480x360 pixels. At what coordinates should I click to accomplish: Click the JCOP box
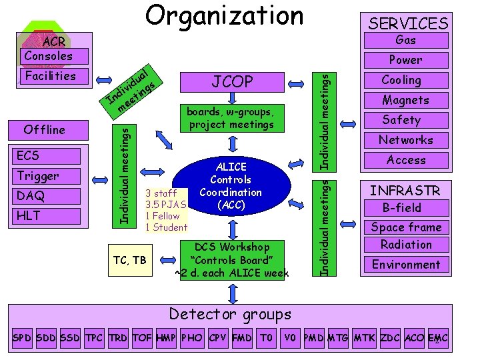tap(232, 82)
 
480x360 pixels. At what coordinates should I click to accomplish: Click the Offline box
tap(45, 129)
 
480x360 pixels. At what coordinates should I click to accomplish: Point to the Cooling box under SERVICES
tap(401, 80)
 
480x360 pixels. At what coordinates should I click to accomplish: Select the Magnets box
tap(405, 100)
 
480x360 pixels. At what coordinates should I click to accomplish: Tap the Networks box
tap(405, 140)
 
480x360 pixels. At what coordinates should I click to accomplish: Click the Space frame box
tap(406, 227)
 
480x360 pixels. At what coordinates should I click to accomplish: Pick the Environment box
tap(405, 265)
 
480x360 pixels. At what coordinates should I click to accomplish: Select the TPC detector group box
tap(95, 338)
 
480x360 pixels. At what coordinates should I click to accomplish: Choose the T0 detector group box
tap(266, 338)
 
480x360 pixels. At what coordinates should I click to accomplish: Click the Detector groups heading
tap(230, 314)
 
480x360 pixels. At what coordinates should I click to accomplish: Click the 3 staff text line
tap(161, 193)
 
